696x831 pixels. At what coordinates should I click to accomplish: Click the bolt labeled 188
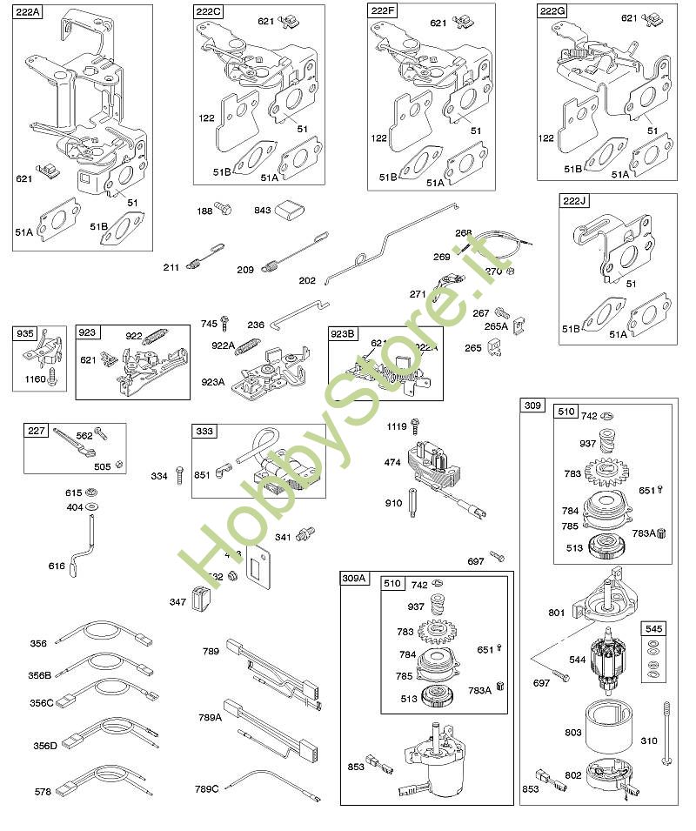click(225, 209)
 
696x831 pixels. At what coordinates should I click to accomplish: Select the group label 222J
click(575, 201)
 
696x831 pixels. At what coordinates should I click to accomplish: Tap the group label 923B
click(343, 334)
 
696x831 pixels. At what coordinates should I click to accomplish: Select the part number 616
click(56, 566)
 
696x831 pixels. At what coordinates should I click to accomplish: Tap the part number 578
click(41, 792)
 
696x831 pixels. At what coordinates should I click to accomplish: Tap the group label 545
click(652, 627)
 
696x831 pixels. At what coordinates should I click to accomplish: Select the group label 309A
click(355, 579)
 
